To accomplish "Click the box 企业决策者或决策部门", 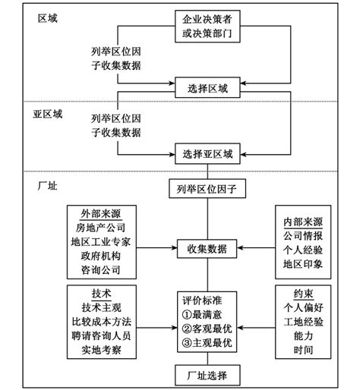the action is pyautogui.click(x=207, y=27).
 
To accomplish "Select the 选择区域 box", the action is pyautogui.click(x=207, y=87).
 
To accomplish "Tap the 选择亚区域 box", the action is pyautogui.click(x=207, y=154).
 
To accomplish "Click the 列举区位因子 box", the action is pyautogui.click(x=207, y=189).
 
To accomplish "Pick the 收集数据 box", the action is pyautogui.click(x=207, y=249).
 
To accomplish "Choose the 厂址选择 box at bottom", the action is pyautogui.click(x=207, y=375).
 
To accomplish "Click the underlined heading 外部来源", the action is pyautogui.click(x=101, y=214).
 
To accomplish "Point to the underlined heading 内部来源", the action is pyautogui.click(x=303, y=222).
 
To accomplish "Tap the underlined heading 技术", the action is pyautogui.click(x=101, y=294).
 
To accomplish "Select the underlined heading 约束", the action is pyautogui.click(x=303, y=294).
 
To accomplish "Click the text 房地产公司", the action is pyautogui.click(x=100, y=228).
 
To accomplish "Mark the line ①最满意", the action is pyautogui.click(x=202, y=315).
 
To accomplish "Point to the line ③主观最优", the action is pyautogui.click(x=207, y=343).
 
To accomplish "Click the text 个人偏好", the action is pyautogui.click(x=303, y=308).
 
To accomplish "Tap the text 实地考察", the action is pyautogui.click(x=101, y=350).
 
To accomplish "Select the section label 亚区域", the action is pyautogui.click(x=48, y=114).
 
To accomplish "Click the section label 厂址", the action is pyautogui.click(x=48, y=186).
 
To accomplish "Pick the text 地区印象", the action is pyautogui.click(x=303, y=264).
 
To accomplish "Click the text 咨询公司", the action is pyautogui.click(x=101, y=270).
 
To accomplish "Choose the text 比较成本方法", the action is pyautogui.click(x=101, y=322).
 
